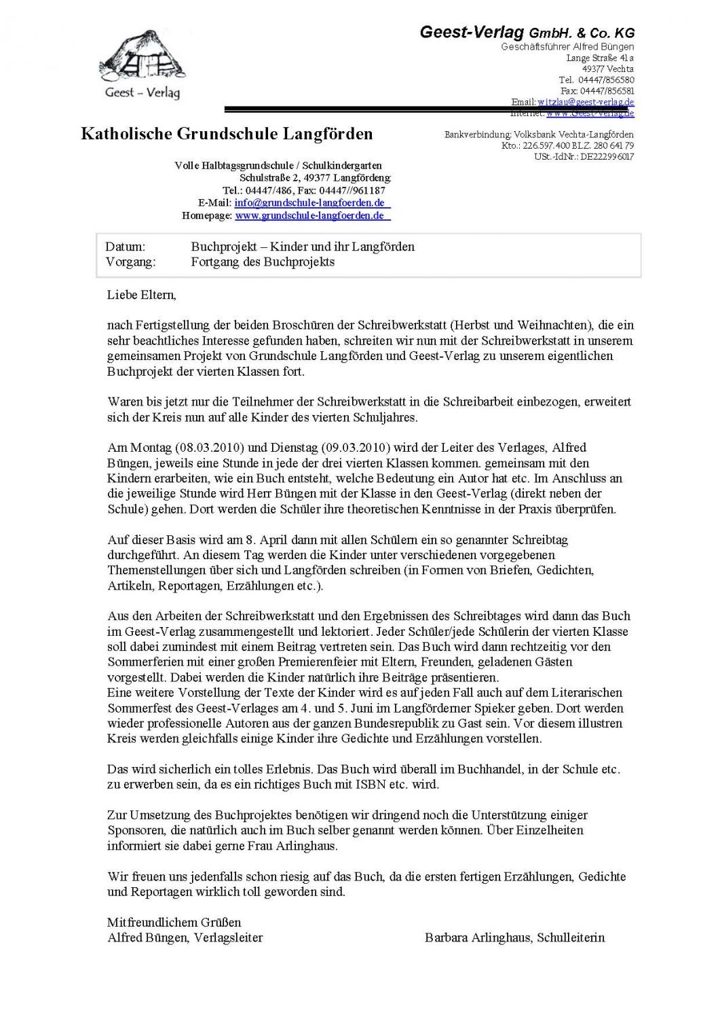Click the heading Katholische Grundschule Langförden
(227, 134)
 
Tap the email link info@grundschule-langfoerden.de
(312, 203)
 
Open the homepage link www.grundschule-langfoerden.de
(312, 216)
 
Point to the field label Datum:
(126, 247)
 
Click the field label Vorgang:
(130, 262)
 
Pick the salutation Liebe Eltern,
(141, 296)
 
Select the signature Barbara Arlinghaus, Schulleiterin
(514, 937)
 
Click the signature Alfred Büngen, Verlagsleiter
(185, 937)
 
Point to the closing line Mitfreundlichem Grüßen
(174, 923)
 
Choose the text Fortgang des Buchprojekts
(263, 262)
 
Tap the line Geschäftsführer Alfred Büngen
(567, 47)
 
